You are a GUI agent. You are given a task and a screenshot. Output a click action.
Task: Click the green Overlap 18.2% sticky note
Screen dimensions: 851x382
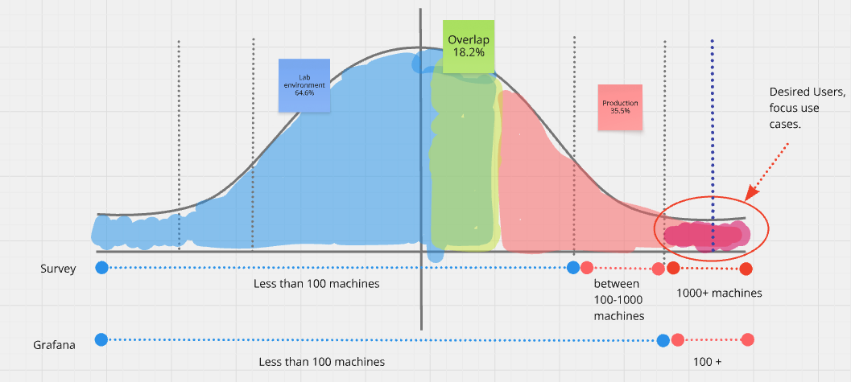point(469,47)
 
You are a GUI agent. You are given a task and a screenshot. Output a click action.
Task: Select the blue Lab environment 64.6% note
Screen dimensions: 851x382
point(304,85)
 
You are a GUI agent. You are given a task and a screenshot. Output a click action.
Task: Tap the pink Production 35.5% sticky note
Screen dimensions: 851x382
point(620,107)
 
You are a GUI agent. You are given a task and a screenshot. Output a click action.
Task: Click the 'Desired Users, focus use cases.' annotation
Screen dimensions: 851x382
point(807,108)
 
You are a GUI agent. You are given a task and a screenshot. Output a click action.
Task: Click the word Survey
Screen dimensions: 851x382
point(57,269)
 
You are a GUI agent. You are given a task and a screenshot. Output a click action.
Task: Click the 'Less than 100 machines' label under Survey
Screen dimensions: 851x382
point(316,283)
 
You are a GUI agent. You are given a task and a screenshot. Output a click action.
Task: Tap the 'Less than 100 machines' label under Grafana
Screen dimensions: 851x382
point(322,362)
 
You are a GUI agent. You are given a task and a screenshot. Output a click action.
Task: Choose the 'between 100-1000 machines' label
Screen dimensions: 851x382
point(619,300)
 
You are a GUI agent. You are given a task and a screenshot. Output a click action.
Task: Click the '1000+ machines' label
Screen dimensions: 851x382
point(719,294)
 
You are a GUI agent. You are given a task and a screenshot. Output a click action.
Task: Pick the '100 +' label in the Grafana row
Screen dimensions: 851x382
point(707,362)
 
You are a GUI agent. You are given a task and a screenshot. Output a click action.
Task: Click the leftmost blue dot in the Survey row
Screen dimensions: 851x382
point(101,267)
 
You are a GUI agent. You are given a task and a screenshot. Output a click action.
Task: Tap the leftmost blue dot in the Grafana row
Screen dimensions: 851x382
point(101,339)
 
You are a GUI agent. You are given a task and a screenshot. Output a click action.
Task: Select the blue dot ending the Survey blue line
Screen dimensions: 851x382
point(573,267)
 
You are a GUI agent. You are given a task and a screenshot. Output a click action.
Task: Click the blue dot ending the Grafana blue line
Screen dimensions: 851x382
point(663,340)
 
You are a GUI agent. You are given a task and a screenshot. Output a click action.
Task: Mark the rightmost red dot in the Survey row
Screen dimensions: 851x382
point(746,269)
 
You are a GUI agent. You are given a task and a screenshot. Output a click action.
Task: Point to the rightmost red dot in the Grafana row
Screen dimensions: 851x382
point(748,339)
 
